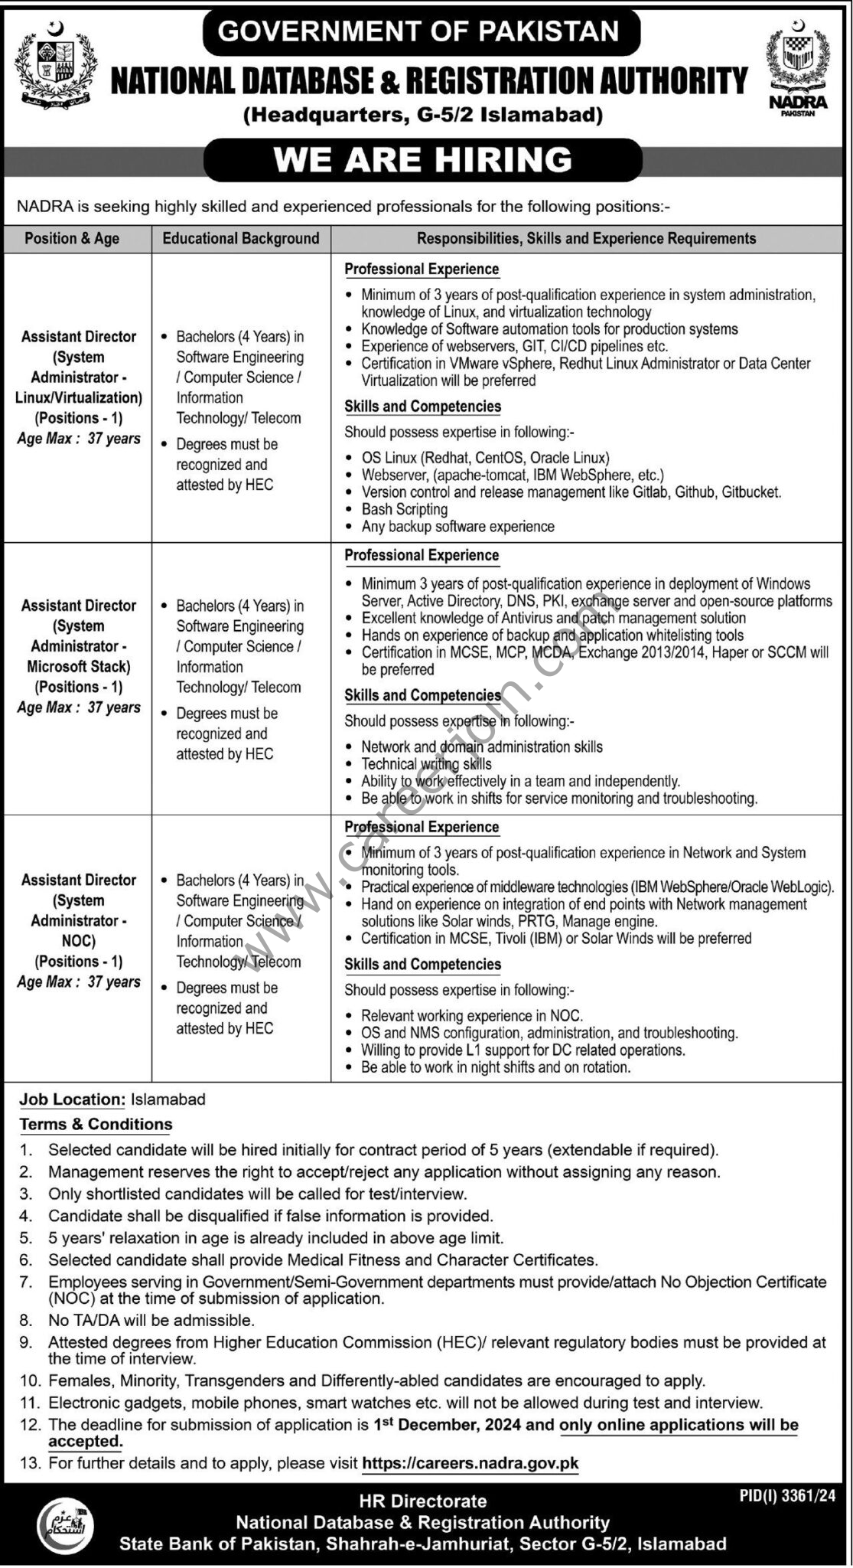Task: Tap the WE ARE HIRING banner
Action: [423, 160]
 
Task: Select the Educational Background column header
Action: [241, 238]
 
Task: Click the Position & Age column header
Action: [72, 238]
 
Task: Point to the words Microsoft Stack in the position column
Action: [79, 666]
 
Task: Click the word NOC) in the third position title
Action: [79, 941]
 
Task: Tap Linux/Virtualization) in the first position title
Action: [79, 397]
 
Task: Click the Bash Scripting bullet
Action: [404, 509]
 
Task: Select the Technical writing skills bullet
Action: [426, 763]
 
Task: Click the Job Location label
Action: [72, 1099]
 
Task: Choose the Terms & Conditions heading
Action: [96, 1124]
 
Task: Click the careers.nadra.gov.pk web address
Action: [470, 1463]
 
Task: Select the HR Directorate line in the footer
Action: [423, 1501]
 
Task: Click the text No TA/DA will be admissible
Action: [151, 1320]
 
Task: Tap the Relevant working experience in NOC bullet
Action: [471, 1016]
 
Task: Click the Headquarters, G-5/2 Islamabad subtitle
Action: [423, 116]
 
